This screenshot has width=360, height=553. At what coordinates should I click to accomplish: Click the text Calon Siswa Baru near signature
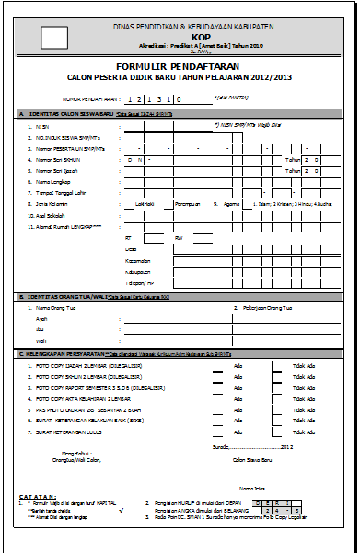point(254,458)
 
